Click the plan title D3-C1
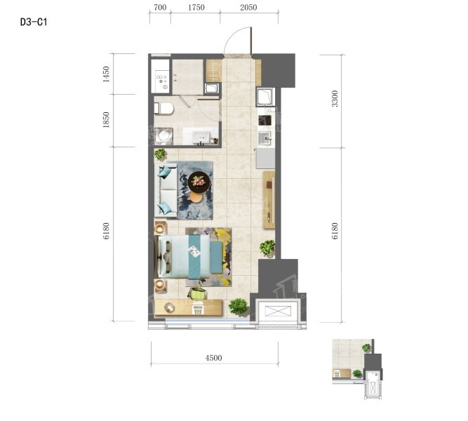34,22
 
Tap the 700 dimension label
160,7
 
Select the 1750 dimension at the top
196,7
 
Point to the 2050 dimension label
248,7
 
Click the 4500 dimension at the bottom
213,358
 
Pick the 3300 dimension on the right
335,98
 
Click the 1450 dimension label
106,74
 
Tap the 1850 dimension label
106,120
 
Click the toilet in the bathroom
163,108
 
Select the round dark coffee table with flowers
199,182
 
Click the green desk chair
198,293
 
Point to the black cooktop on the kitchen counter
265,120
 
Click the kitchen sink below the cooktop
265,138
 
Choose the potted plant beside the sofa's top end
161,154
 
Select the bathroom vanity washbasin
202,137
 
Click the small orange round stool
196,197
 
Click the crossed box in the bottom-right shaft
278,311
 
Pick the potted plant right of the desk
239,307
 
